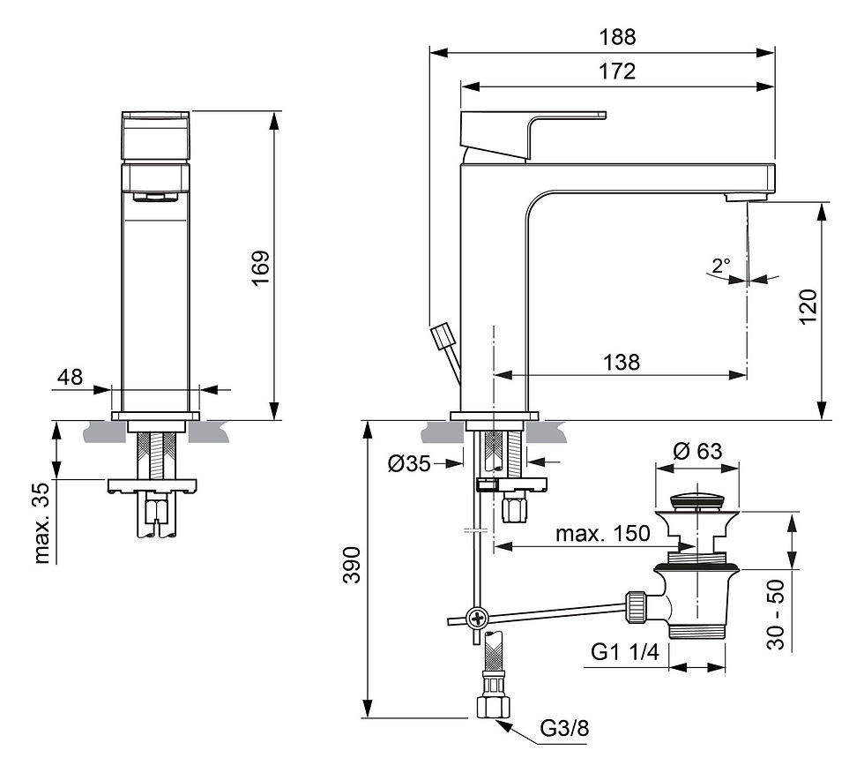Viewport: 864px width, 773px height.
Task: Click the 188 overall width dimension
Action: pos(617,37)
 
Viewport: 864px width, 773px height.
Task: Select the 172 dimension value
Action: pos(617,71)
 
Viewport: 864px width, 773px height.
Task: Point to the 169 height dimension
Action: pos(261,267)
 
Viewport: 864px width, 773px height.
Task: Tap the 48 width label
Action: pos(70,377)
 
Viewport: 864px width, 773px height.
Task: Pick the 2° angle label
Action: pos(721,266)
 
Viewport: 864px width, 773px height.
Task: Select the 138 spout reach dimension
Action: pos(622,363)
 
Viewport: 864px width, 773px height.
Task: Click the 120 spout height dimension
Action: pos(808,306)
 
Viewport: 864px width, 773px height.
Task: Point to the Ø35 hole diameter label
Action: pos(409,463)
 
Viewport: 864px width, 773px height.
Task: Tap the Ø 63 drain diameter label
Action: pos(697,451)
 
